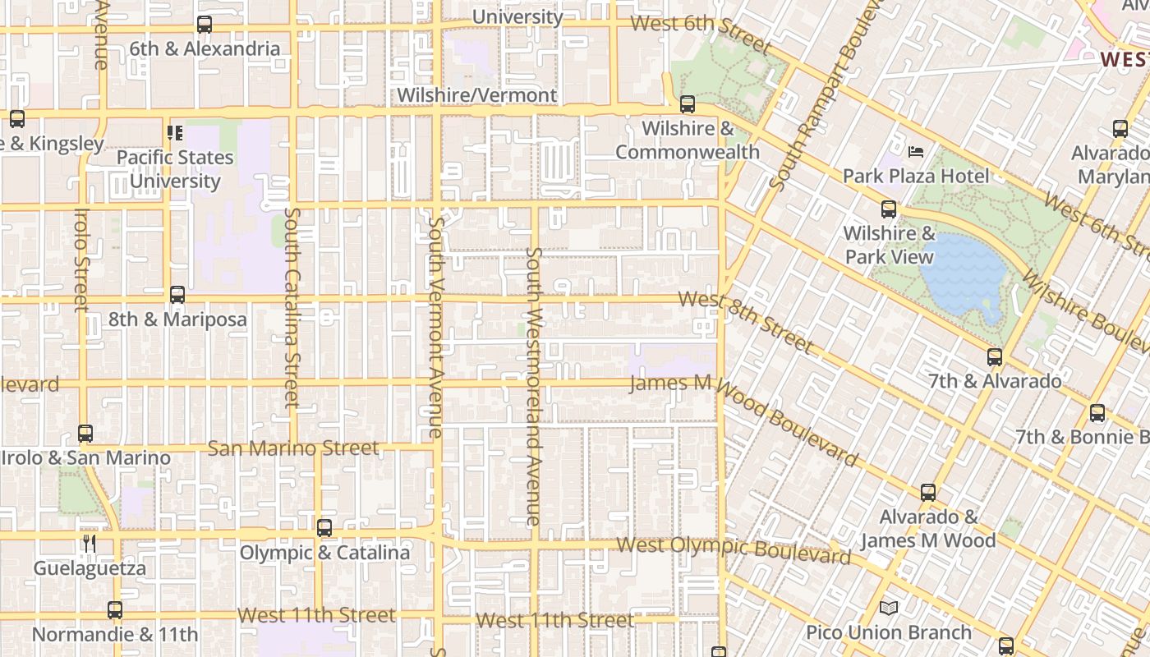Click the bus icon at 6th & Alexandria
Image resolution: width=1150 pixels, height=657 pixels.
coord(205,25)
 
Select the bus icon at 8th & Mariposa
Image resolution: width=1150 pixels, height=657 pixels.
coord(177,295)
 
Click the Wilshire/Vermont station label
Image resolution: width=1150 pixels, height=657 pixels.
coord(476,95)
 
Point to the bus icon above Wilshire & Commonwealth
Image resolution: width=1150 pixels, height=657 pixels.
coord(688,104)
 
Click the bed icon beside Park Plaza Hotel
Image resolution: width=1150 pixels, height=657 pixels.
coord(916,152)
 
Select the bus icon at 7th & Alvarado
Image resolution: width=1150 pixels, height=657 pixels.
coord(995,357)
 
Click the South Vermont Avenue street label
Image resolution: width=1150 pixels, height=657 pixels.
coord(435,327)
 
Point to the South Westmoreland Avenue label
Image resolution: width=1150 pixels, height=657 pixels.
coord(534,386)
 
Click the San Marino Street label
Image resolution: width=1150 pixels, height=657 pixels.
coord(293,448)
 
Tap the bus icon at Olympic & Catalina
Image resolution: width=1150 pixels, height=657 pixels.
coord(324,528)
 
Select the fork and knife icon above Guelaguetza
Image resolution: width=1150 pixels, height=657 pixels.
coord(90,543)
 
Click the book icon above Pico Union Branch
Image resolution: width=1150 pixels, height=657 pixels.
coord(888,608)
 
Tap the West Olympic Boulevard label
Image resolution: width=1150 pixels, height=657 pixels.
coord(734,550)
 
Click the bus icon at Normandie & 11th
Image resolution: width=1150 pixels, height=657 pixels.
coord(115,610)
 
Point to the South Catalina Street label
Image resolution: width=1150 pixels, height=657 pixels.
coord(292,306)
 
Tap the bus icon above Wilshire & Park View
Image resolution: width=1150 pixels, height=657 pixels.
coord(888,209)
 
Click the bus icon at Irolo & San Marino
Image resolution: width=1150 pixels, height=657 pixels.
coord(85,434)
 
